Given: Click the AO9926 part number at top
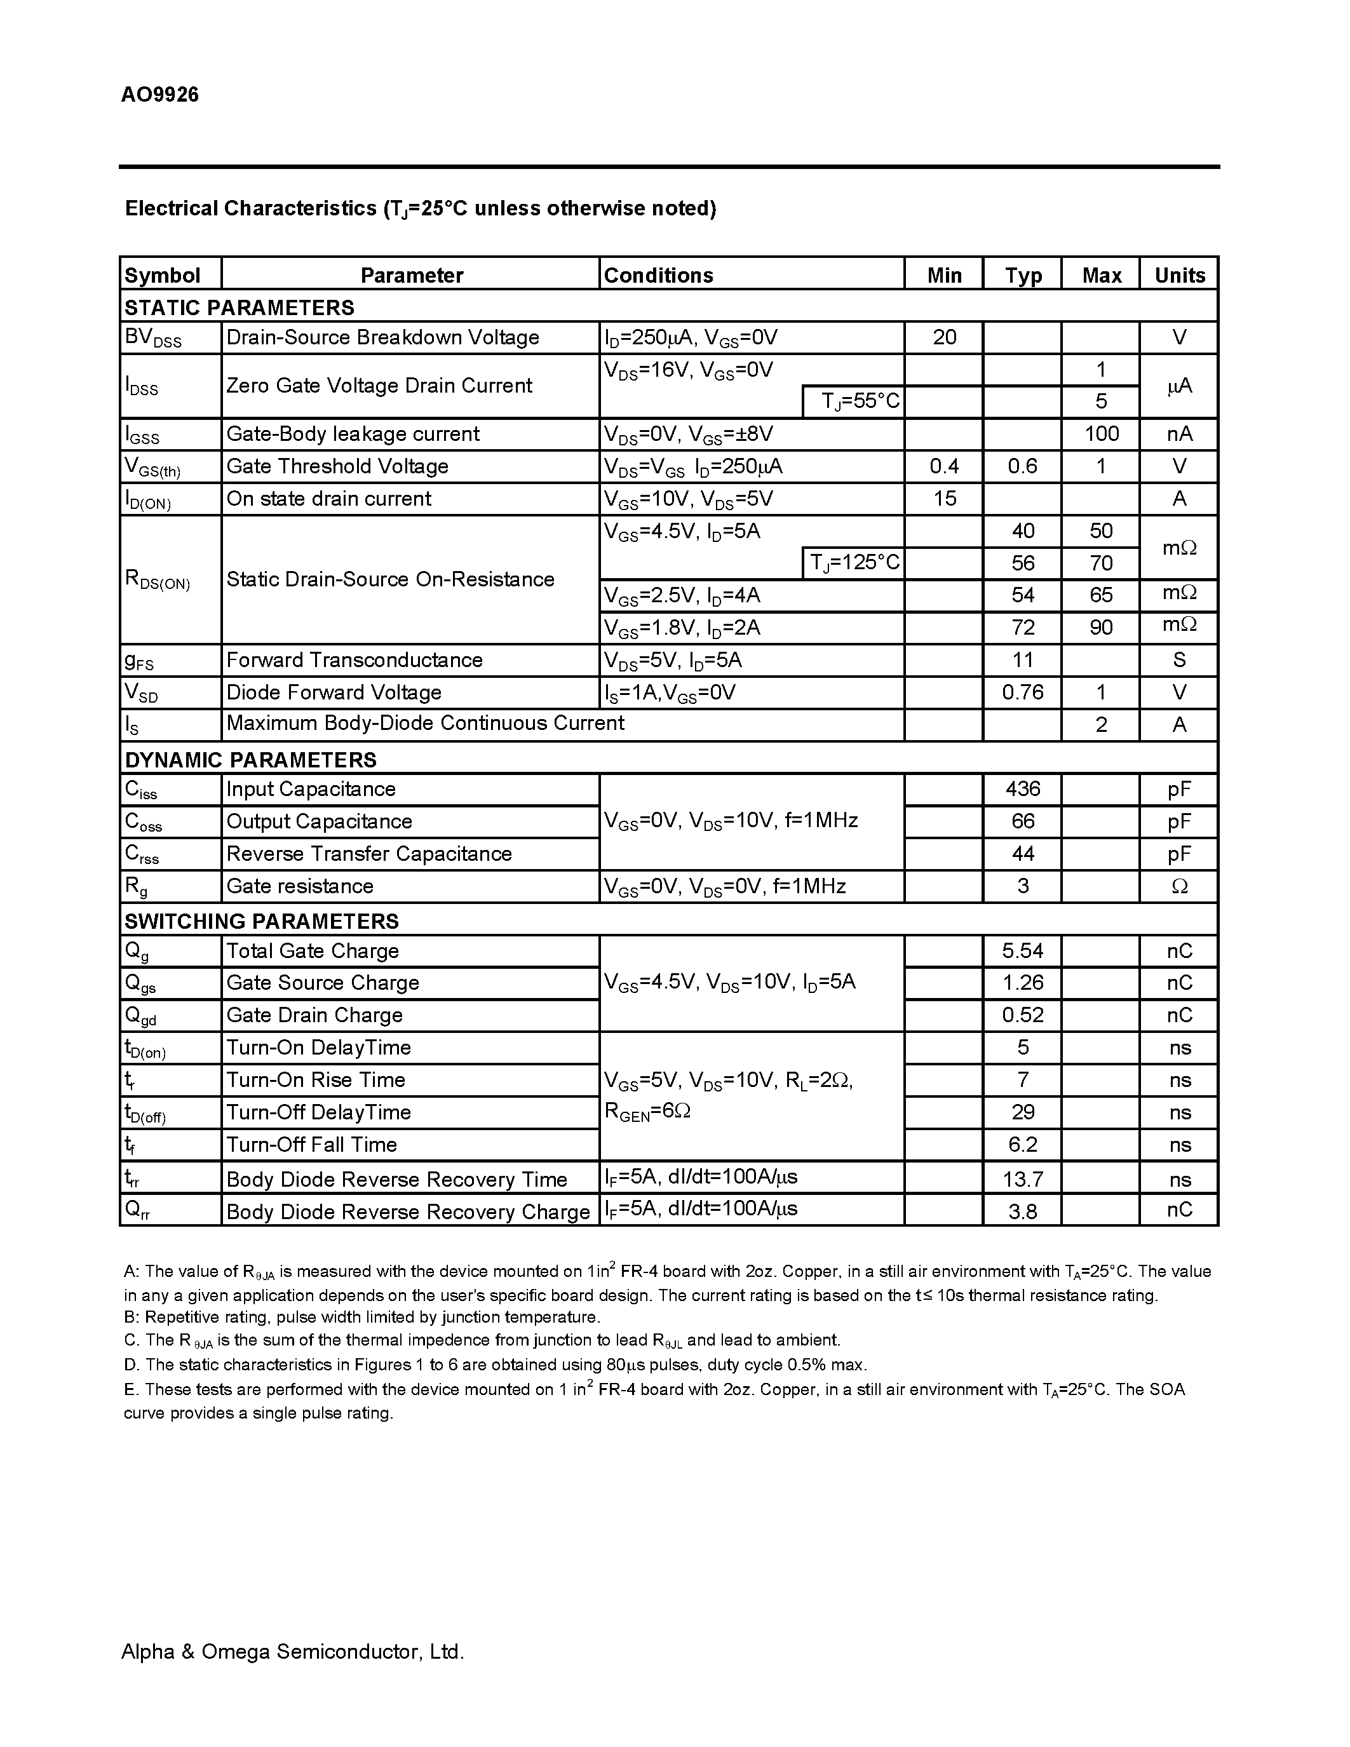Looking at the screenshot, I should tap(160, 95).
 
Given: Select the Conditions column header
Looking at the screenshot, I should tap(658, 275).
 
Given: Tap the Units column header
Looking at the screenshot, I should tap(1179, 275).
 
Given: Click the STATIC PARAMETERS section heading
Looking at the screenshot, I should tap(239, 307).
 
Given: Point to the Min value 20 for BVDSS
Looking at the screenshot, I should tap(943, 337).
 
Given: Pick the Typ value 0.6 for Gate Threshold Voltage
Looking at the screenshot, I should tap(1022, 466).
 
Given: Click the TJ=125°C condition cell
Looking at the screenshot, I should tap(854, 563).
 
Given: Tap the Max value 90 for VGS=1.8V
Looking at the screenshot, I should tap(1100, 628).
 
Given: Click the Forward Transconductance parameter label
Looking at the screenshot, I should tap(354, 660).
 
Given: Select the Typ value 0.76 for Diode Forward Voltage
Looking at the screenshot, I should tap(1022, 692).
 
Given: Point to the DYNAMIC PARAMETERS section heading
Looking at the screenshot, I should tap(250, 759).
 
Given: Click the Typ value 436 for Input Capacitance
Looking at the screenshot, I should tap(1022, 789).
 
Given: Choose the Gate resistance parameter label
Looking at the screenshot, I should tap(300, 886).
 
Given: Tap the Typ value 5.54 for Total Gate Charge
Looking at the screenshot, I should tap(1022, 951).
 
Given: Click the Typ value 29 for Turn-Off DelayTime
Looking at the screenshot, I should tap(1022, 1112).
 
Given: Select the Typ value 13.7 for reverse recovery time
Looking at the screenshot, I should tap(1022, 1179).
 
